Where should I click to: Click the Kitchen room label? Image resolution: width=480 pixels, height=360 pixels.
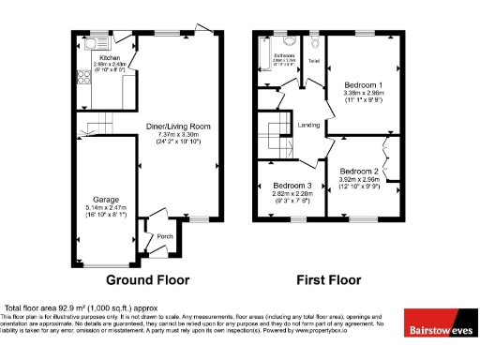tap(111, 57)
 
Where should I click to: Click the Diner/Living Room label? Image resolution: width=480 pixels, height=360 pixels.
tap(177, 126)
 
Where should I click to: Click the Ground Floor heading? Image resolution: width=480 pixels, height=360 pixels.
tap(147, 279)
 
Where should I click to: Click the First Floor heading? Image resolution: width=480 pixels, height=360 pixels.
tap(328, 279)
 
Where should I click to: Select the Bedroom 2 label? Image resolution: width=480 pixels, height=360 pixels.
tap(358, 172)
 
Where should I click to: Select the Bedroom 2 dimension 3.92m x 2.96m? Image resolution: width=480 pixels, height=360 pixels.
tap(358, 180)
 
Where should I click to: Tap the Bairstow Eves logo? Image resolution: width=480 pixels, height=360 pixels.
tap(439, 329)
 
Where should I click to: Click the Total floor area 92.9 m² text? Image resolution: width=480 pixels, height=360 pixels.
tap(81, 308)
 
